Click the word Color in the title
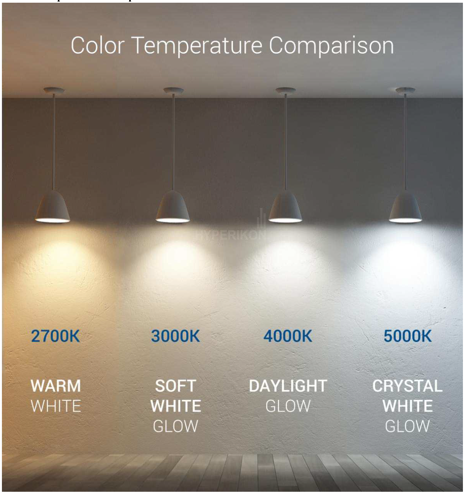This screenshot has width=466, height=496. click(98, 45)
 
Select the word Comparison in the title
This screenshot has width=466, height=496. click(331, 47)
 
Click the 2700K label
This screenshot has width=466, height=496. click(56, 336)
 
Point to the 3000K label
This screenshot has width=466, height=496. click(176, 336)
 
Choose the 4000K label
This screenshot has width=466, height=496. click(288, 336)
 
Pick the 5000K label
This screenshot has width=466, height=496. click(408, 336)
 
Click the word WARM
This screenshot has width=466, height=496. click(56, 386)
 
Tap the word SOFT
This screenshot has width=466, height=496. click(176, 386)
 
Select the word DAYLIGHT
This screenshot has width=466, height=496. click(288, 386)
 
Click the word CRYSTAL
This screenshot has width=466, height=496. click(407, 386)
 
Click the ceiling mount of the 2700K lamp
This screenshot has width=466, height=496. click(54, 90)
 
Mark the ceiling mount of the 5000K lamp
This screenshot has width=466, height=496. click(405, 90)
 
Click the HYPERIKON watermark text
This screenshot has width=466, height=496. click(230, 235)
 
